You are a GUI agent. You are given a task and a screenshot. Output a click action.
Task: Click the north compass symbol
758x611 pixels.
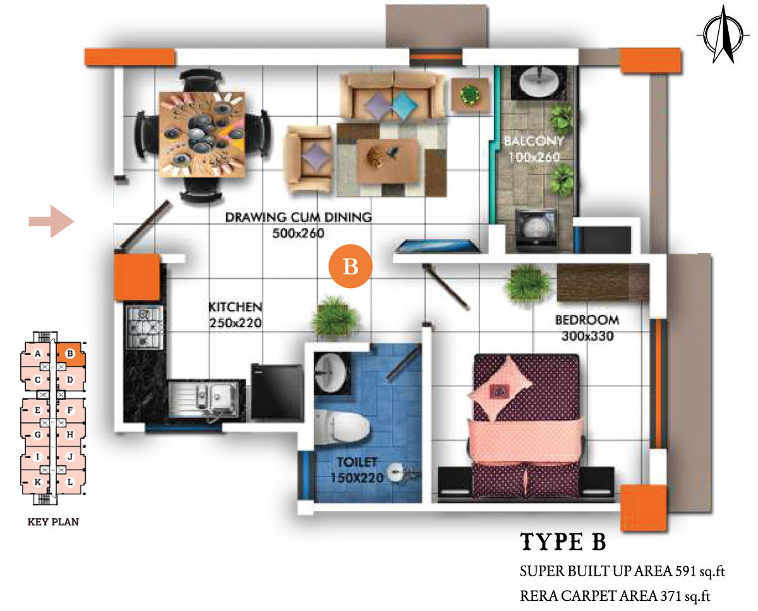pyautogui.click(x=723, y=35)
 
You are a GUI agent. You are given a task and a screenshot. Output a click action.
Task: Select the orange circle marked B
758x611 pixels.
pyautogui.click(x=350, y=266)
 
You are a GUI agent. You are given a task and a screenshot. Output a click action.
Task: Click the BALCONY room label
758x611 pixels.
pyautogui.click(x=534, y=141)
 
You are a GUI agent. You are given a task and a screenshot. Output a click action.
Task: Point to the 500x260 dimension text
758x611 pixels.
pyautogui.click(x=298, y=233)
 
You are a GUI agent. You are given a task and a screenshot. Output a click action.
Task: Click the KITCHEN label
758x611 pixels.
pyautogui.click(x=235, y=307)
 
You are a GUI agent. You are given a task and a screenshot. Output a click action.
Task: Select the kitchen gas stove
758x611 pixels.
pyautogui.click(x=145, y=326)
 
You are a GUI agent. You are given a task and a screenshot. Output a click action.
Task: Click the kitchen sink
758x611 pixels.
pyautogui.click(x=203, y=399)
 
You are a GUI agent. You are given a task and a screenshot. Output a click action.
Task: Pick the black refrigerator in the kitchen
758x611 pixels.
pyautogui.click(x=277, y=392)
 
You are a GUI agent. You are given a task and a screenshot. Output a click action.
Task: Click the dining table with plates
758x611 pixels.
pyautogui.click(x=202, y=134)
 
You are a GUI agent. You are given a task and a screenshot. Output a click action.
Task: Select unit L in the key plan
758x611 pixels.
pyautogui.click(x=70, y=482)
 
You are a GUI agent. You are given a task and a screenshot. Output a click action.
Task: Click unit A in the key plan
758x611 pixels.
pyautogui.click(x=38, y=353)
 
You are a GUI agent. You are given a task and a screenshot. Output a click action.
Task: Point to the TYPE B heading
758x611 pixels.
pyautogui.click(x=563, y=542)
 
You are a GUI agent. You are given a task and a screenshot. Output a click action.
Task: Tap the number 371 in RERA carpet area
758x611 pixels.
pyautogui.click(x=671, y=596)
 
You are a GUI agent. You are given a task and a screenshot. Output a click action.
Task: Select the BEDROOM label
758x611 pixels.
pyautogui.click(x=587, y=320)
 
